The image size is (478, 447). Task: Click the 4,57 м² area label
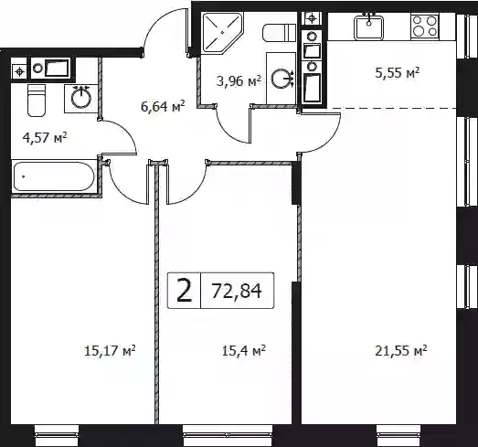click(x=45, y=137)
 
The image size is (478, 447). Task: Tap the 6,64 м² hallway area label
click(x=163, y=106)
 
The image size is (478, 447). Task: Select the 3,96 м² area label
click(x=239, y=81)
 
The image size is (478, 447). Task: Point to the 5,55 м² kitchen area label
click(x=398, y=73)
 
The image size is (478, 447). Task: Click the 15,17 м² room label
click(x=110, y=351)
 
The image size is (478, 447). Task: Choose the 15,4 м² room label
click(x=244, y=351)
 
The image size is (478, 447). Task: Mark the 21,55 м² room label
click(x=401, y=351)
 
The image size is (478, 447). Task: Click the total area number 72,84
click(x=237, y=291)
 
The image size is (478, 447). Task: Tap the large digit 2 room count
click(x=185, y=291)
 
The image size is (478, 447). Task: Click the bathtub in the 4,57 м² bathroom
click(x=54, y=176)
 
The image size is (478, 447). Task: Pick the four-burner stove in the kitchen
click(x=424, y=26)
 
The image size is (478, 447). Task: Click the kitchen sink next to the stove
click(x=368, y=27)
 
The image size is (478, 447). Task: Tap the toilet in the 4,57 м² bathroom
click(x=37, y=101)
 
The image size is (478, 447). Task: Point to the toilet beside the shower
click(x=280, y=33)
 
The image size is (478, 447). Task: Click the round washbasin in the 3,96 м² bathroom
click(x=281, y=79)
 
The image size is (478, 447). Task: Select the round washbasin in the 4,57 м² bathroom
click(x=81, y=98)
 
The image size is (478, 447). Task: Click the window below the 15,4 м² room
click(x=228, y=435)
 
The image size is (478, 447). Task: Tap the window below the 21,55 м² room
click(x=396, y=435)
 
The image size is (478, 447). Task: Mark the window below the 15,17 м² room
click(x=57, y=435)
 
